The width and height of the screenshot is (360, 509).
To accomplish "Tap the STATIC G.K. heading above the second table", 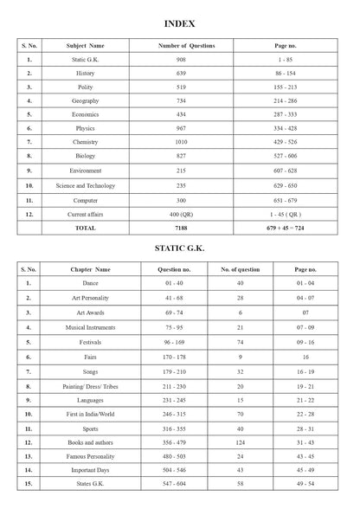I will click(x=179, y=251).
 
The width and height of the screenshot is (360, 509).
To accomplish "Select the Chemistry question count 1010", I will click(x=186, y=142).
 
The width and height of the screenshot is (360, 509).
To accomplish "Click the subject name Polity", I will click(x=85, y=87).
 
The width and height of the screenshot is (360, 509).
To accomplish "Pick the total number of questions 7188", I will click(x=186, y=227).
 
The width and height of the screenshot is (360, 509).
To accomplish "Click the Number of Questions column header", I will click(x=186, y=45).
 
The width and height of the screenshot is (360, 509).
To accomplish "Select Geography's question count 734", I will click(x=186, y=100).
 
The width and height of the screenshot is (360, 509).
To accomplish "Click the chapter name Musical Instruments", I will click(x=91, y=327).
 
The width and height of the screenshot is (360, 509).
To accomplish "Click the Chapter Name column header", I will click(x=91, y=269).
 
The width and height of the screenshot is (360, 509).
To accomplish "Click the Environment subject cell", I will click(x=85, y=171).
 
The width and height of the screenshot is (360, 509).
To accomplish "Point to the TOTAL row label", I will click(x=85, y=227).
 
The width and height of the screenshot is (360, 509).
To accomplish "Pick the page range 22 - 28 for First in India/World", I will click(x=305, y=390).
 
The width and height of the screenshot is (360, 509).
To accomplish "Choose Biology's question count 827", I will click(x=186, y=156).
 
